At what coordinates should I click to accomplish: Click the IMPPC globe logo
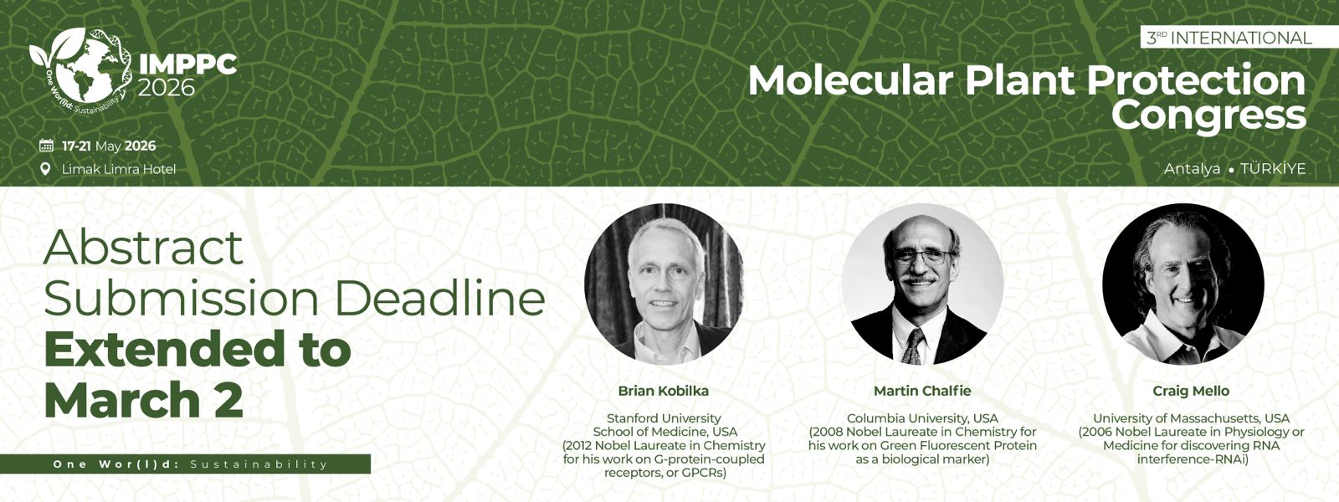tap(80, 67)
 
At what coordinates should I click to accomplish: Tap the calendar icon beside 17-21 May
tap(46, 146)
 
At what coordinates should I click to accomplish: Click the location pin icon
tap(45, 169)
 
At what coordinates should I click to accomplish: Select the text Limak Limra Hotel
tap(119, 169)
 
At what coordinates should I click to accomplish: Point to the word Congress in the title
tap(1208, 115)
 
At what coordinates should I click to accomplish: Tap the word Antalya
tap(1192, 168)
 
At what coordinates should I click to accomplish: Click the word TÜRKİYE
tap(1273, 168)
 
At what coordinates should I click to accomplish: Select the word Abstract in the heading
tap(143, 247)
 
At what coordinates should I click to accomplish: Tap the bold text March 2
tap(143, 398)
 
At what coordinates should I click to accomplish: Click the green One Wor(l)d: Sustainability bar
tap(185, 464)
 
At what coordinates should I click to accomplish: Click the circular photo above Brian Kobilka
tap(664, 284)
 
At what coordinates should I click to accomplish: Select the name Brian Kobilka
tap(664, 391)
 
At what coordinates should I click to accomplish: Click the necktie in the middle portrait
tap(914, 346)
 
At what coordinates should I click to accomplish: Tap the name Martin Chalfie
tap(922, 391)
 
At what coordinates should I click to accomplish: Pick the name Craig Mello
tap(1191, 391)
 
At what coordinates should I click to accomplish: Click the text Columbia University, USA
tap(922, 417)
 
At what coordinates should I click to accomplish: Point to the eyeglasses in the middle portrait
tap(921, 257)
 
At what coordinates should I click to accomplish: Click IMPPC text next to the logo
tap(187, 64)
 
